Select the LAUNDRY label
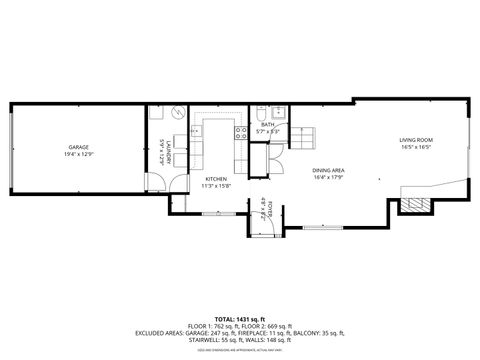[x=158, y=156]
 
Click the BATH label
[x=267, y=125]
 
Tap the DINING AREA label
[x=328, y=171]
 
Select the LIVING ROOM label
[x=415, y=139]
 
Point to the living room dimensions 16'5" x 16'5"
[x=415, y=146]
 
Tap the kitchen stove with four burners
[x=241, y=130]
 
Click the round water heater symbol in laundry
[x=174, y=113]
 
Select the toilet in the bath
[x=262, y=113]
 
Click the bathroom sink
[x=281, y=112]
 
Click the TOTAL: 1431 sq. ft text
[x=240, y=318]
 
